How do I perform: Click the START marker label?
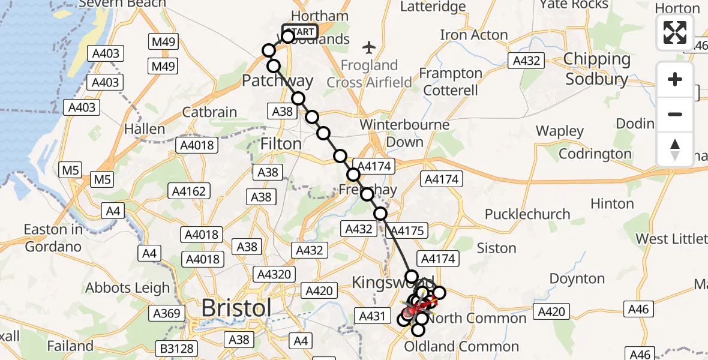(x=300, y=31)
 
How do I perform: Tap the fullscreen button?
(x=675, y=32)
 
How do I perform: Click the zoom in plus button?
(x=675, y=79)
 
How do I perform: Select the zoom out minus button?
(x=675, y=114)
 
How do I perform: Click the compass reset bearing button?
(x=675, y=149)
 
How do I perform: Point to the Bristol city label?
(x=236, y=308)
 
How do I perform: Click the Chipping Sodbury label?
(x=596, y=69)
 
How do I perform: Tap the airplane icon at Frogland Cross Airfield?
(x=369, y=47)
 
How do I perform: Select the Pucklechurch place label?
(x=527, y=214)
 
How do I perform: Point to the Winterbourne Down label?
(x=405, y=133)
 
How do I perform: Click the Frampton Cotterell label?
(x=451, y=82)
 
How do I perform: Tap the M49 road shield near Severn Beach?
(x=163, y=41)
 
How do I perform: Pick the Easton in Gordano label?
(x=53, y=238)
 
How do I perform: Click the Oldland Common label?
(x=461, y=346)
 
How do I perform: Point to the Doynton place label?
(x=577, y=278)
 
